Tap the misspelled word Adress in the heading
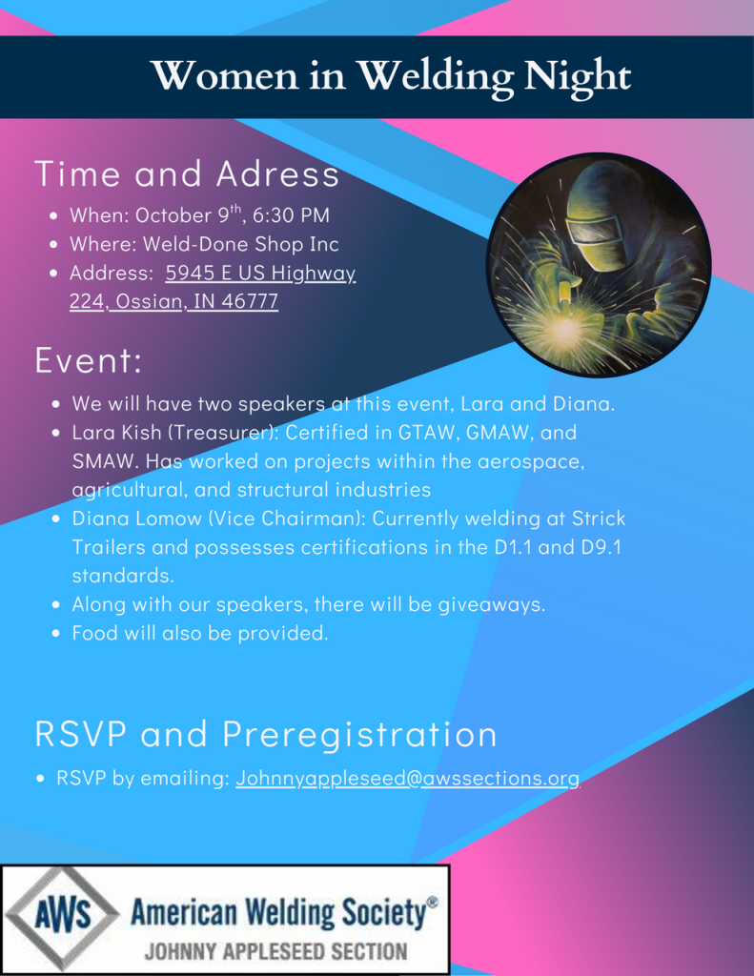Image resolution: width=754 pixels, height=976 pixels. click(277, 173)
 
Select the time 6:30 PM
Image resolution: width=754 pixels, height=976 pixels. click(291, 215)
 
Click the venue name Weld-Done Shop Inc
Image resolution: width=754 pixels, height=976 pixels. click(241, 244)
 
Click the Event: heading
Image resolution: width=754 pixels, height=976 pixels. click(89, 360)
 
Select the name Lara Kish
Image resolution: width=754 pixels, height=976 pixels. click(116, 433)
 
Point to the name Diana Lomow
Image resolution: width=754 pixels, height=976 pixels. click(137, 518)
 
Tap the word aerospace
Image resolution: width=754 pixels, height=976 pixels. click(531, 462)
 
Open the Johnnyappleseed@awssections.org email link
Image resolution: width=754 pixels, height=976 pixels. click(407, 778)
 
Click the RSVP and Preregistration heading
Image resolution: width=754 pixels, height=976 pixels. click(266, 734)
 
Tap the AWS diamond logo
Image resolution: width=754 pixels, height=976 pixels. click(62, 916)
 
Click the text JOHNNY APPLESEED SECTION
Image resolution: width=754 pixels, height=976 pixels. click(275, 952)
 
